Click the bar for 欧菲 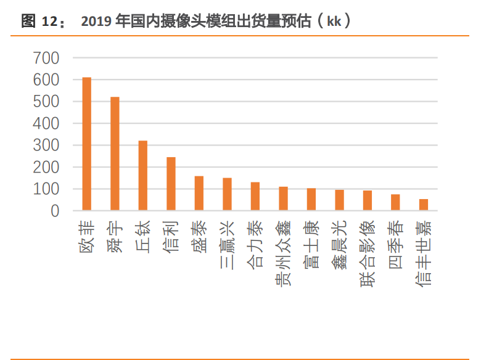87,144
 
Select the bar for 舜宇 115,154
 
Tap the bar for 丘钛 143,176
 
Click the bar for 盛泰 199,194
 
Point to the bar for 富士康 311,200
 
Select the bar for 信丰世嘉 424,205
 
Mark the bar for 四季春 395,203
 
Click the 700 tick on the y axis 47,59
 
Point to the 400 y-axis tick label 47,124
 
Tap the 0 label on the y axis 55,211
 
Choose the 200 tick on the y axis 47,168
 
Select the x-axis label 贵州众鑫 283,253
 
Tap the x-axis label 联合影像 367,253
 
